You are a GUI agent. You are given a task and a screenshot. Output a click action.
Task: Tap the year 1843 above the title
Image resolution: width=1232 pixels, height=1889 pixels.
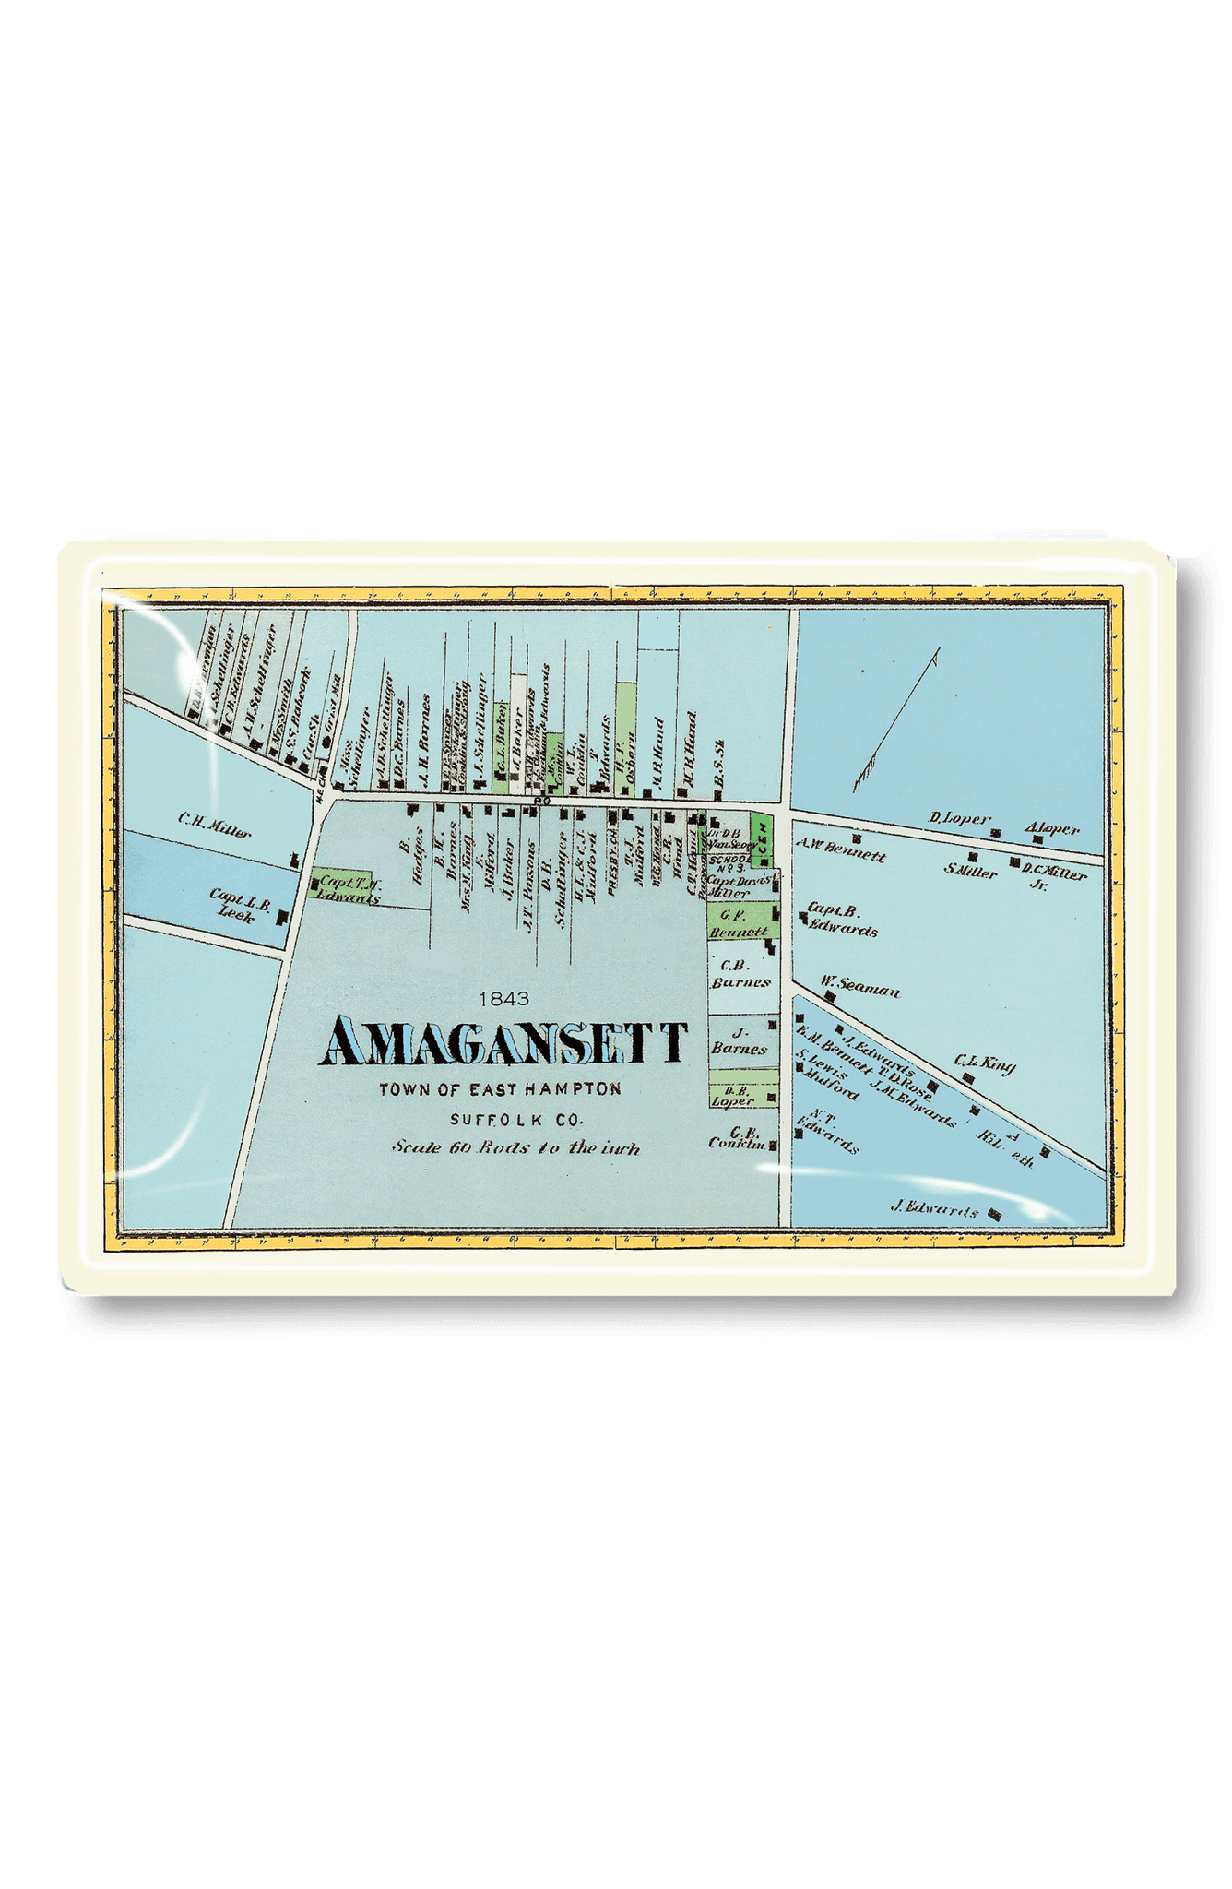coord(503,998)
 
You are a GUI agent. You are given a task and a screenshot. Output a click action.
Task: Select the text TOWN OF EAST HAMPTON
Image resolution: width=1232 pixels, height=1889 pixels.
coord(500,1089)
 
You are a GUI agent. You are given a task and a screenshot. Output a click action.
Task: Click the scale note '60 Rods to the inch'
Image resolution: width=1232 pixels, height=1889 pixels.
coord(515,1148)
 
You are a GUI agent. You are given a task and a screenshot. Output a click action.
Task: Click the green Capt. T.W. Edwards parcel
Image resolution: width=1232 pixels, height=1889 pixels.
coord(343,885)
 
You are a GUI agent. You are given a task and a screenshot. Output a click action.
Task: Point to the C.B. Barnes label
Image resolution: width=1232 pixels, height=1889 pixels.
coord(740,974)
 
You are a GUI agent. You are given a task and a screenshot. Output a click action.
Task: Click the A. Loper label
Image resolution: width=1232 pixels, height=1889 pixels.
coord(1052,828)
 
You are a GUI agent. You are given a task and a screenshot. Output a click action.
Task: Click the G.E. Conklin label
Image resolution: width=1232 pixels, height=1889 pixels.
coord(738,1137)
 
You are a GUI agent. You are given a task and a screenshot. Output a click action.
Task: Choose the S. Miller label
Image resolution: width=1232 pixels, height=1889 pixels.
coord(971,870)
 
